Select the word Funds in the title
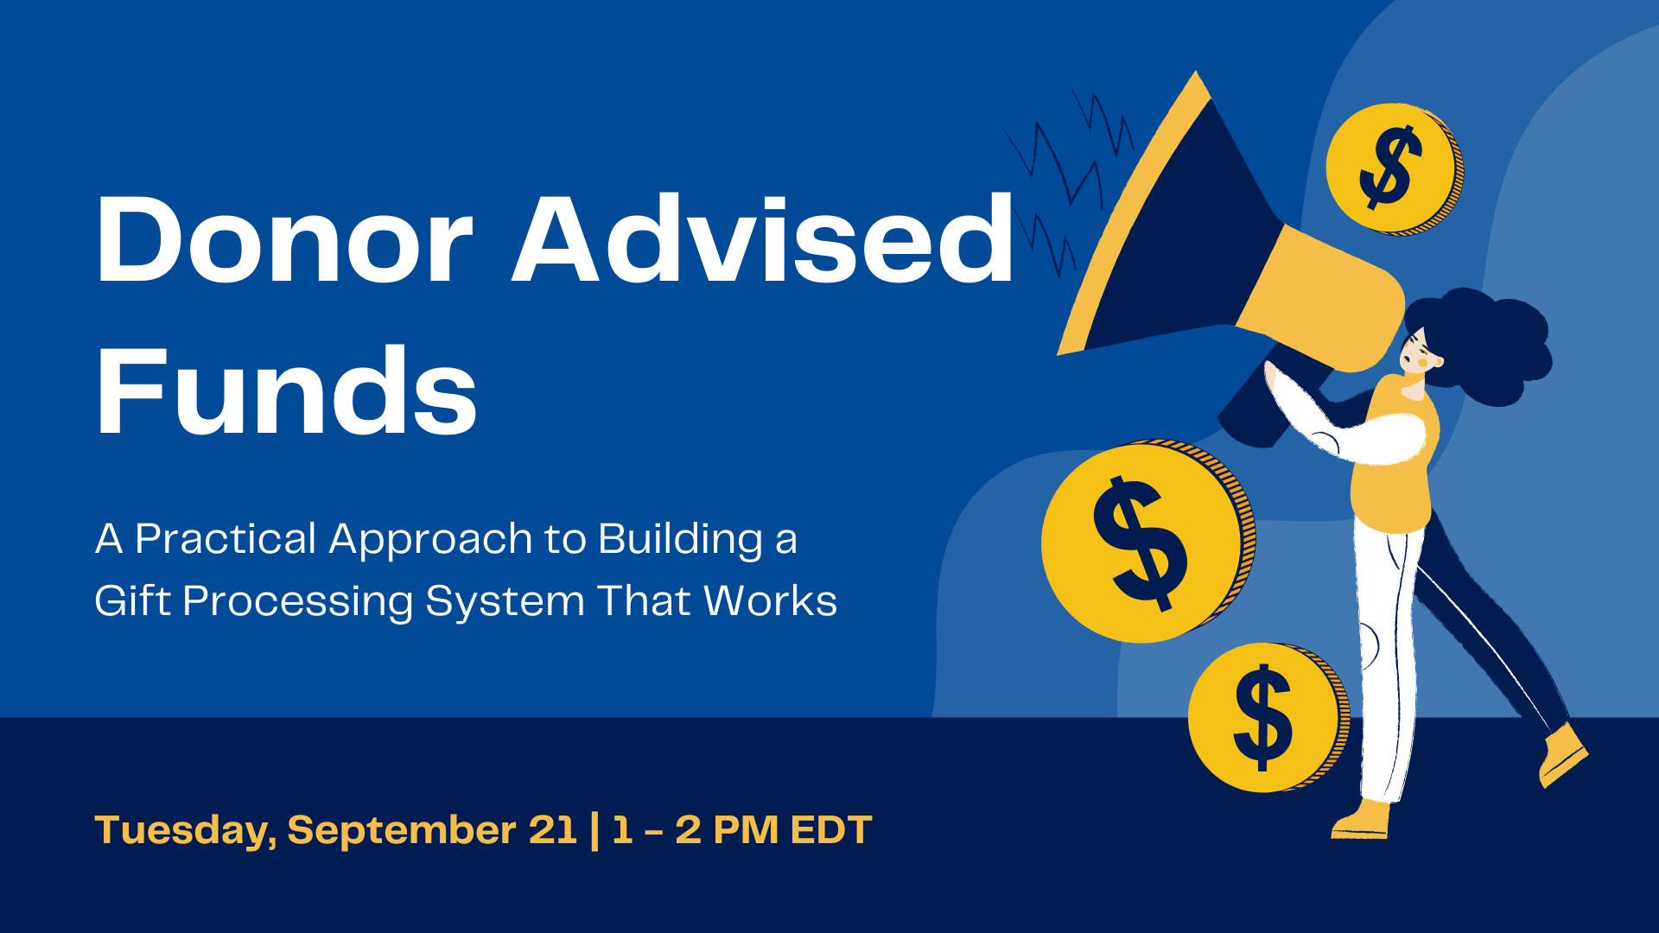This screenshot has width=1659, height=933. pos(286,390)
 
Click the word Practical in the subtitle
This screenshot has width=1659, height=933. pos(226,540)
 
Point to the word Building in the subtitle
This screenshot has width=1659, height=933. pos(681,540)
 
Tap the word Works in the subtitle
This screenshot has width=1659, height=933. pos(771,601)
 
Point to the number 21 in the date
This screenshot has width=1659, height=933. pos(551,829)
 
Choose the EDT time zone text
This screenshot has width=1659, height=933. pos(830,829)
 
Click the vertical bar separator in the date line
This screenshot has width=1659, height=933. pos(594,830)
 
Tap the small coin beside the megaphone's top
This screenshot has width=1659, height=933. pos(1394,168)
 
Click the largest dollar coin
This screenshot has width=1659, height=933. pos(1147,542)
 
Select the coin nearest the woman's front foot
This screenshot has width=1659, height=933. pos(1268,718)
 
